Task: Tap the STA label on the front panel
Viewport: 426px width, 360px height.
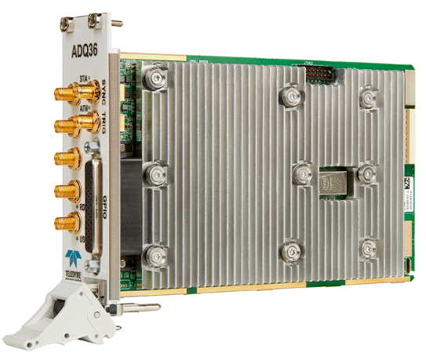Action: (x=85, y=78)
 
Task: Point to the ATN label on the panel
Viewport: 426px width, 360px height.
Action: (x=86, y=111)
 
